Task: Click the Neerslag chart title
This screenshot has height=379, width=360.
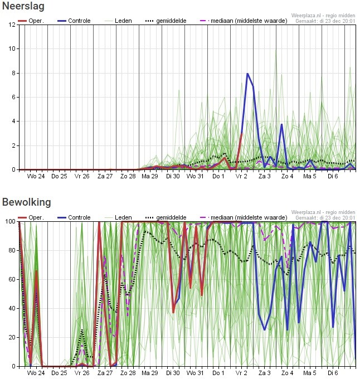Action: tap(23, 7)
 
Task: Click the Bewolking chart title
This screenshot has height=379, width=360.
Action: tap(26, 202)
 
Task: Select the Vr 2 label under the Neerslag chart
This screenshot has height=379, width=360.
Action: tap(241, 177)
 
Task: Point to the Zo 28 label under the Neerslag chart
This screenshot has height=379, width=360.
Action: tap(128, 177)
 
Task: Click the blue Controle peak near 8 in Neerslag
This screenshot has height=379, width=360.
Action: tap(247, 74)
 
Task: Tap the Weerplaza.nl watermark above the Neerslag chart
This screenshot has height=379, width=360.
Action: tap(323, 16)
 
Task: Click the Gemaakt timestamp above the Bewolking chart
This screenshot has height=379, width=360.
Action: tap(325, 217)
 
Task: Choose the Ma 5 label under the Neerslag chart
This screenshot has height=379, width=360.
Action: tap(310, 177)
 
